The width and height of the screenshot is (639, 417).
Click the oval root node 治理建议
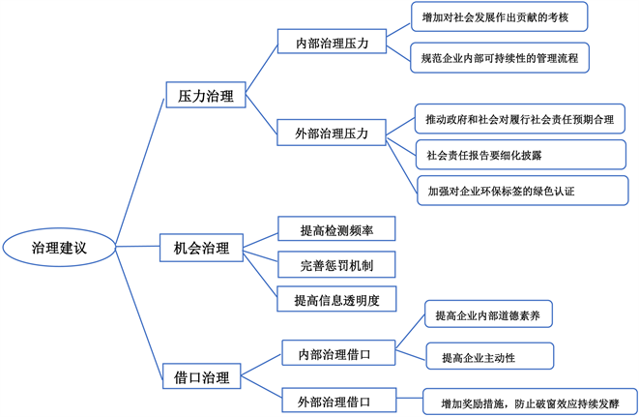click(x=59, y=248)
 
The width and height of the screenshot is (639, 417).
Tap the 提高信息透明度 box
click(x=336, y=300)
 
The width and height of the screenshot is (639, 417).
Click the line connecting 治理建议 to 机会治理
click(x=138, y=248)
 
